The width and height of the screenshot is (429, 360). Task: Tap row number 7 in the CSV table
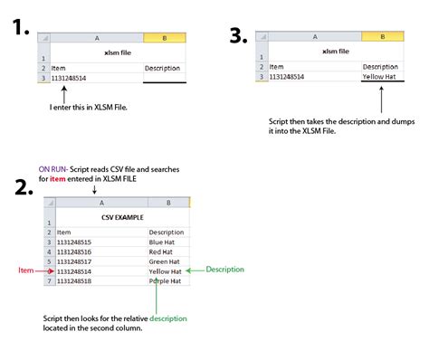click(49, 281)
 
